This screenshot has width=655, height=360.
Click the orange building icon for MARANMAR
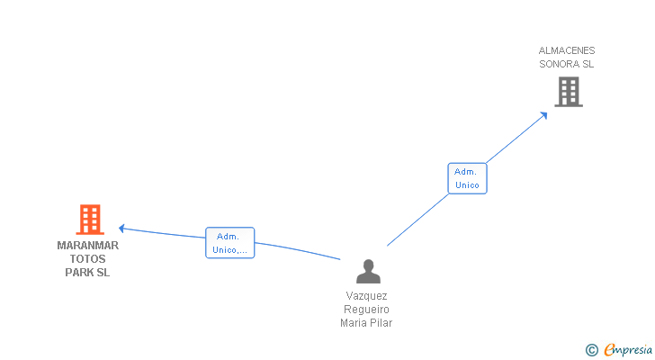90,220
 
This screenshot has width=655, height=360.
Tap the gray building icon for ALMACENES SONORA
569,92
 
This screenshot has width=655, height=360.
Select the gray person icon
368,272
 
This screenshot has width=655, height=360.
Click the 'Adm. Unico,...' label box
229,243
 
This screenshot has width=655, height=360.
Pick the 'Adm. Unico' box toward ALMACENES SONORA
467,178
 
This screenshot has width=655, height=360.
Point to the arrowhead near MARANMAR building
121,229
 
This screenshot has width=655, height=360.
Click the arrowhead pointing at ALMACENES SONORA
543,115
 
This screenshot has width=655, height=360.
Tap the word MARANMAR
88,246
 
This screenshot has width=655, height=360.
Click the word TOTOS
88,259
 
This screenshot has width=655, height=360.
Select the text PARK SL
87,273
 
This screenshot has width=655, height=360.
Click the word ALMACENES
567,50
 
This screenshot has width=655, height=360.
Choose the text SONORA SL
567,64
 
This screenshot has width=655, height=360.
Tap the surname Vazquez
366,296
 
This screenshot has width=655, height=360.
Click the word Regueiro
366,310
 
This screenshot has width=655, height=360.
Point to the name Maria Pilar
366,323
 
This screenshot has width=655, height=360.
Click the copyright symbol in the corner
591,350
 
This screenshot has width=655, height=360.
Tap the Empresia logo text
628,350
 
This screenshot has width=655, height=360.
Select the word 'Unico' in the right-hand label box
467,185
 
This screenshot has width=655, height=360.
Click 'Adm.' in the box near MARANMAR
228,237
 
